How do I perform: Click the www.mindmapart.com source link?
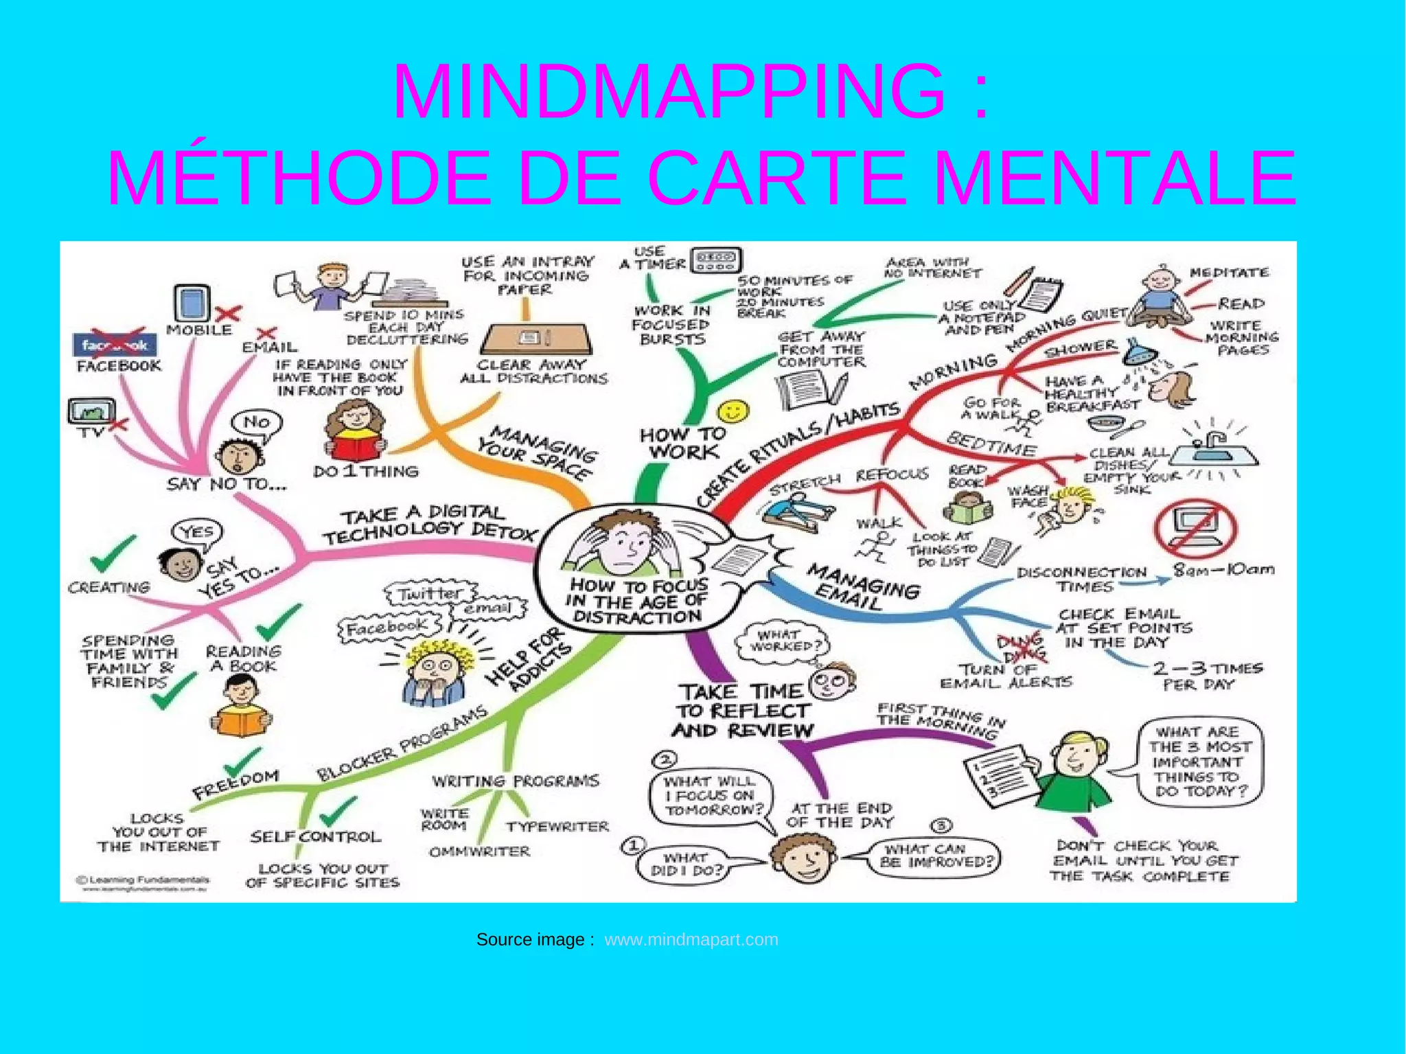coord(691,939)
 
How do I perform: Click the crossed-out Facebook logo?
coord(115,345)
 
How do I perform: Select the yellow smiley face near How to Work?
coord(733,412)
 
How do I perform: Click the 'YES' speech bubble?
coord(197,531)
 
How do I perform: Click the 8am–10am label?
coord(1223,569)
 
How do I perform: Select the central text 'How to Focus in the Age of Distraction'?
coord(638,601)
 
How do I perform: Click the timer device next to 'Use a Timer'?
coord(716,260)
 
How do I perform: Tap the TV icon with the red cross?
coord(92,412)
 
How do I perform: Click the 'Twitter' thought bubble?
coord(431,593)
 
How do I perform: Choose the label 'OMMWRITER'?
coord(480,852)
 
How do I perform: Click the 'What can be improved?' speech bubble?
coord(936,856)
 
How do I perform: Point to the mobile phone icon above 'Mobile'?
coord(192,303)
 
